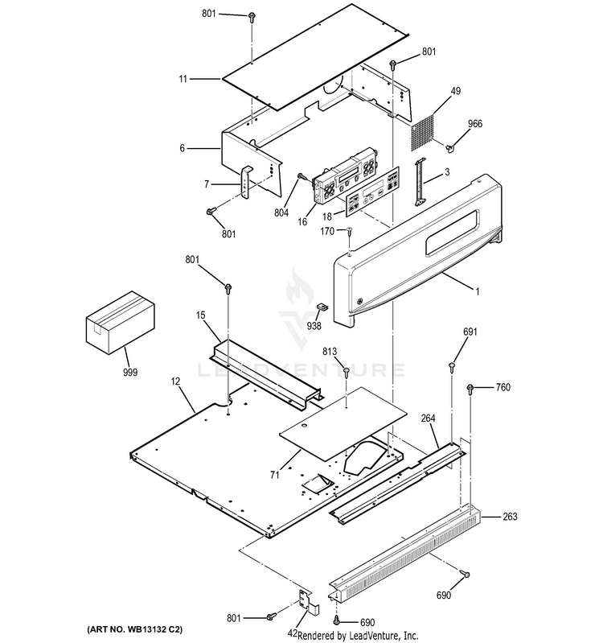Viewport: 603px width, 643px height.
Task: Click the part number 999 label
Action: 130,373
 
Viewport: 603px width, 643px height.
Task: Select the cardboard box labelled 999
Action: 121,324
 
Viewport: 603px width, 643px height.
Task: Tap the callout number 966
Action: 475,124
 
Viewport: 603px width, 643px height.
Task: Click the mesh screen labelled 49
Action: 422,132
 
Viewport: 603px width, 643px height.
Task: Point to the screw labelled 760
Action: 470,389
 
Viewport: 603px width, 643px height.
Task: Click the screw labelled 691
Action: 452,366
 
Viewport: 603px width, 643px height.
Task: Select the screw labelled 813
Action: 347,373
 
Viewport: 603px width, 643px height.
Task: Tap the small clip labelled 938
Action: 322,307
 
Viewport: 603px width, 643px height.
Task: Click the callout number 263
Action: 510,517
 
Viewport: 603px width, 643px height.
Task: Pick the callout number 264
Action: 428,418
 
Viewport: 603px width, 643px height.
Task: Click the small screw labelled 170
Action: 350,232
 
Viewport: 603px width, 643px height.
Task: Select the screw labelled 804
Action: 302,176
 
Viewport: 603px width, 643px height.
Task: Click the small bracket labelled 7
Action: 246,183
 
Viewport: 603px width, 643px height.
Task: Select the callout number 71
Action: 274,475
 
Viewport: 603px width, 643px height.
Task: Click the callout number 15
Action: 200,315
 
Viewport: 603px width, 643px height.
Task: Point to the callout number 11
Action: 183,79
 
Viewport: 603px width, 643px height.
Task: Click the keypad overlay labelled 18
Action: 372,191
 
